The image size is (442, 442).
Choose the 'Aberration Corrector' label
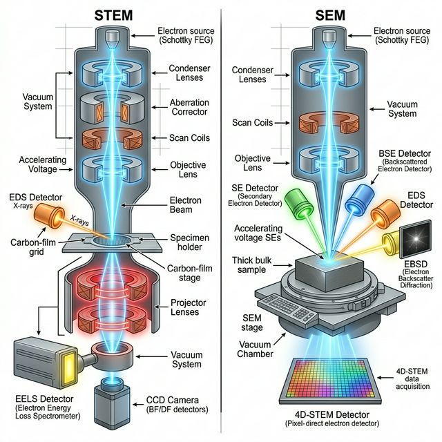pos(189,108)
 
